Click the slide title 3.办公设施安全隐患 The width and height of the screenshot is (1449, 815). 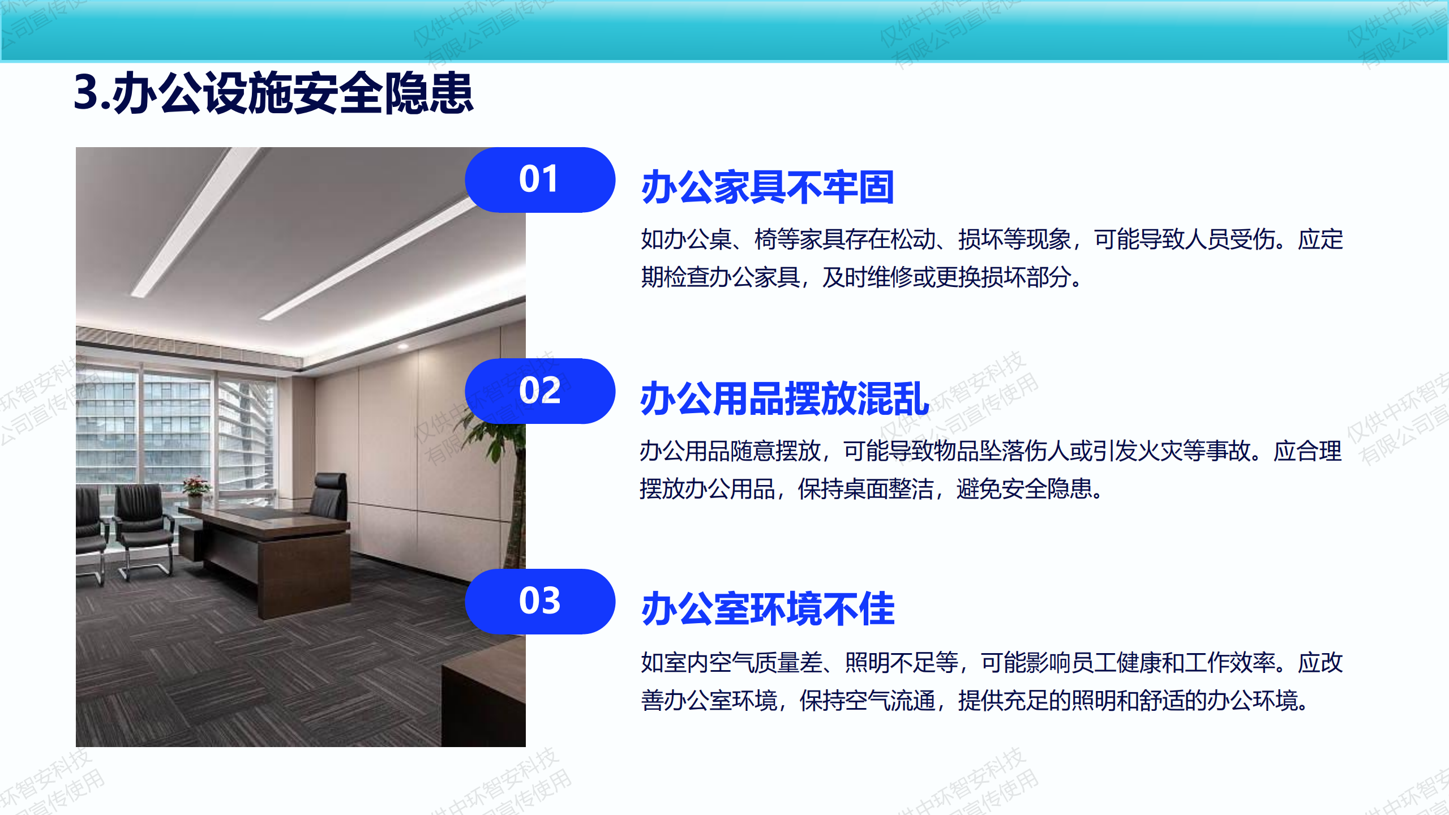point(273,93)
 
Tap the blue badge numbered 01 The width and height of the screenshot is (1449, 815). point(540,180)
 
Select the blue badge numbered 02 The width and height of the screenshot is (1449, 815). point(540,391)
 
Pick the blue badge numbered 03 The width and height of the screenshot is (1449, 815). point(540,602)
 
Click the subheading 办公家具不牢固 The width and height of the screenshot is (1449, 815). point(768,187)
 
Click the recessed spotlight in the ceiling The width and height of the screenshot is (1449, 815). point(403,345)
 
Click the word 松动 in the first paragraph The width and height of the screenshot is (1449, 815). point(913,239)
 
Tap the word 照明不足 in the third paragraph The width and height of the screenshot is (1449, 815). point(913,663)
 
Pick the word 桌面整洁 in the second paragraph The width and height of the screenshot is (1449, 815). point(888,489)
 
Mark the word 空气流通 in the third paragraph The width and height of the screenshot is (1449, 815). point(890,701)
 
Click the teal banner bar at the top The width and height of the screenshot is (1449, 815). point(724,31)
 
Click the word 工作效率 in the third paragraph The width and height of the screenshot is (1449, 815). point(1230,663)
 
